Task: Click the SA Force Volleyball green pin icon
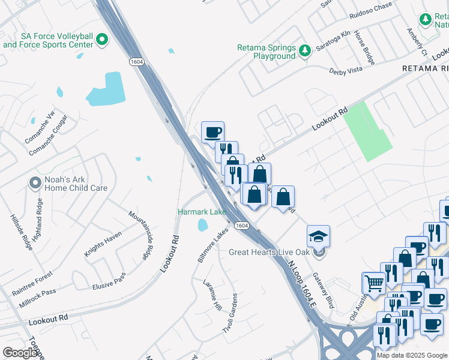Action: [x=101, y=41]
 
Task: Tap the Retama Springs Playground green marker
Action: [x=305, y=49]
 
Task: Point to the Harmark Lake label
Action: [x=202, y=212]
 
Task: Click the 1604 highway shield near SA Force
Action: [x=136, y=61]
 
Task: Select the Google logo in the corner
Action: [x=20, y=353]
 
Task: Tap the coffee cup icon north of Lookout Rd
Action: [x=213, y=131]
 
